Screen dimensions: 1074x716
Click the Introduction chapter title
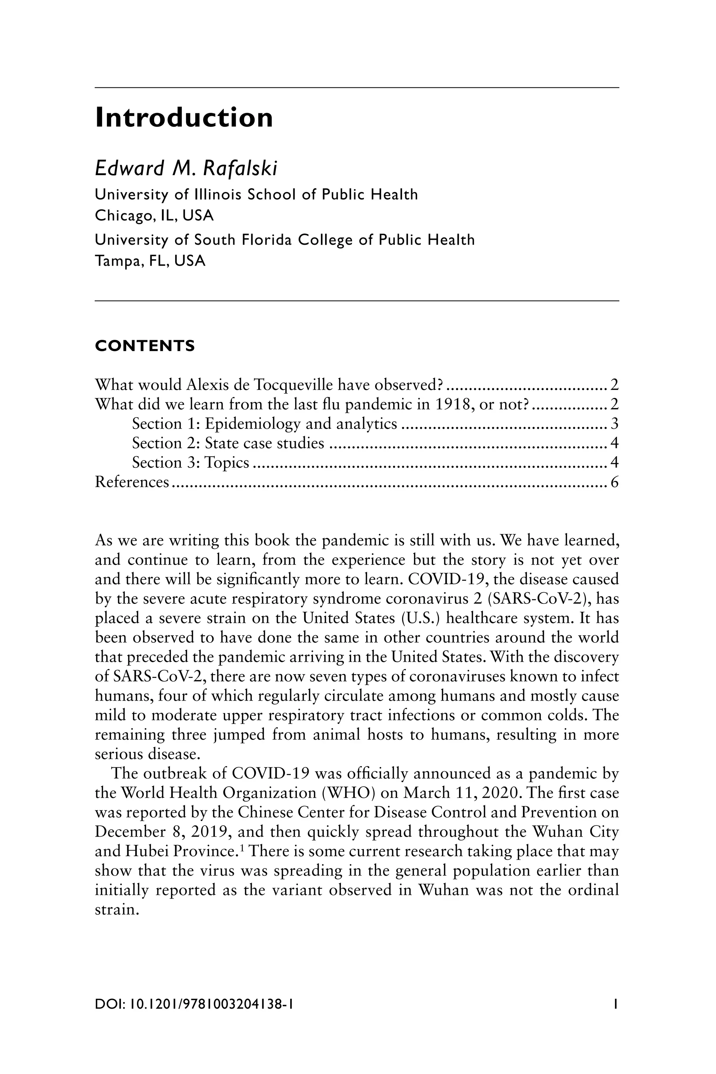point(184,118)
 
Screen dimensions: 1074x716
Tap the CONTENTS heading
point(145,346)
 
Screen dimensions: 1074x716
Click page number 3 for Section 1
point(614,424)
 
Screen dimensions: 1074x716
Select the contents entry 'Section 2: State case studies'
point(228,443)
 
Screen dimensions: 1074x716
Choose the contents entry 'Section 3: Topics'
point(191,463)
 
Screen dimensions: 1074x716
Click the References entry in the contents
point(132,482)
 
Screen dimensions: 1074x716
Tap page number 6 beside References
point(614,482)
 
